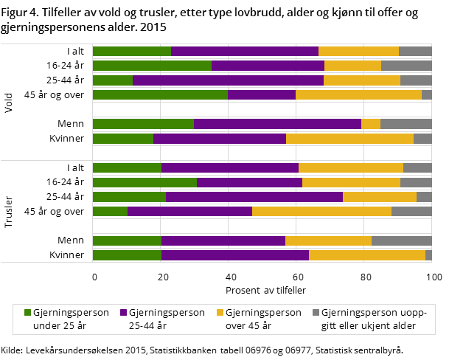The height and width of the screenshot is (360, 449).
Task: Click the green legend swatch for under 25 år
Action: [x=28, y=313]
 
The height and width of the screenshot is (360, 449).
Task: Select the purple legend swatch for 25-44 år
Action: [x=123, y=313]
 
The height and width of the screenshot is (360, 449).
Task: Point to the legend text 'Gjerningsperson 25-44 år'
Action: [x=167, y=318]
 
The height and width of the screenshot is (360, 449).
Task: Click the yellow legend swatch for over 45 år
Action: [x=219, y=313]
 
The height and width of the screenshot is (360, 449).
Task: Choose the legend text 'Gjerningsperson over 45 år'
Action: [x=263, y=318]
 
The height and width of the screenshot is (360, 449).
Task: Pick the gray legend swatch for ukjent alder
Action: [x=316, y=313]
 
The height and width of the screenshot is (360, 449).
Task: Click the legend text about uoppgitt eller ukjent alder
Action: [x=374, y=318]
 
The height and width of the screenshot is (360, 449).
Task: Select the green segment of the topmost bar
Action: [x=131, y=51]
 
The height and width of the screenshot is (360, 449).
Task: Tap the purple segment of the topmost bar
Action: [x=244, y=51]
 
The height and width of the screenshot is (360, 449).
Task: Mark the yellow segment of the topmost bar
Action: [x=358, y=51]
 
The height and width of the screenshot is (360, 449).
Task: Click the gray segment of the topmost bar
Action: [x=415, y=51]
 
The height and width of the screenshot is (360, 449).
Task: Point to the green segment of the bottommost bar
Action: [x=127, y=255]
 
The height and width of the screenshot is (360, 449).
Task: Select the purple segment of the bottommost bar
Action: [x=234, y=255]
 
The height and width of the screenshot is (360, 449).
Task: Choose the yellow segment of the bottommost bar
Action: [x=366, y=255]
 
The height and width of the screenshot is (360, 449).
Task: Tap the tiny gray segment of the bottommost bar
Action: [x=428, y=255]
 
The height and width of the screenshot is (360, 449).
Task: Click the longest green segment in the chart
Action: [x=160, y=94]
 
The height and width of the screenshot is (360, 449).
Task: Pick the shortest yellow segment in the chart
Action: [x=370, y=124]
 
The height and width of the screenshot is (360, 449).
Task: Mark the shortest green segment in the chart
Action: [x=110, y=212]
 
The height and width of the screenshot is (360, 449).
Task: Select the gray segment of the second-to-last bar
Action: [x=401, y=240]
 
